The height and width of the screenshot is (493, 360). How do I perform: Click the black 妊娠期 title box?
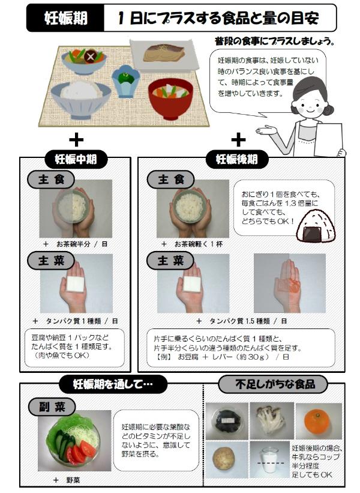pyautogui.click(x=65, y=18)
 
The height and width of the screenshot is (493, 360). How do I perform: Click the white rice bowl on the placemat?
pyautogui.click(x=81, y=99)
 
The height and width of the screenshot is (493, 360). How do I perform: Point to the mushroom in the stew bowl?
pyautogui.click(x=90, y=56)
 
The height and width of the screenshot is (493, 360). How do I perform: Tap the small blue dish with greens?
pyautogui.click(x=125, y=80)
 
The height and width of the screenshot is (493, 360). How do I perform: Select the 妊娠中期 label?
pyautogui.click(x=76, y=159)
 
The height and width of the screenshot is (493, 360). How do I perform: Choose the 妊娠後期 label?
pyautogui.click(x=237, y=159)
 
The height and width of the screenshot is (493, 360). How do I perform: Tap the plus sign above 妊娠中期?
pyautogui.click(x=76, y=140)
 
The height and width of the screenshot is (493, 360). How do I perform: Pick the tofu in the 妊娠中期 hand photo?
pyautogui.click(x=76, y=284)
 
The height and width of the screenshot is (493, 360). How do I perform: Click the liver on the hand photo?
pyautogui.click(x=295, y=285)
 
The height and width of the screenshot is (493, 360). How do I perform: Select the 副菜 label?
pyautogui.click(x=52, y=407)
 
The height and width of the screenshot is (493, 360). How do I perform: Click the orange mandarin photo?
pyautogui.click(x=317, y=422)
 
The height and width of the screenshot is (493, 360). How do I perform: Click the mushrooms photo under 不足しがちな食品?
pyautogui.click(x=271, y=421)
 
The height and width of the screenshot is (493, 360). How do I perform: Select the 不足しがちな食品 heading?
pyautogui.click(x=273, y=384)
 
